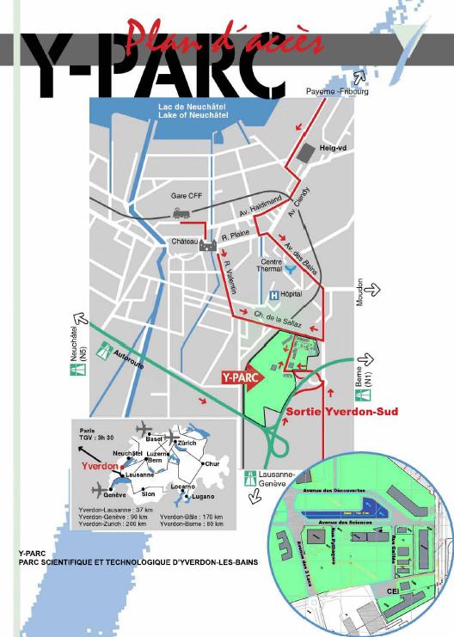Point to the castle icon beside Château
(x=207, y=246)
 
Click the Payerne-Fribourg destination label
(x=337, y=90)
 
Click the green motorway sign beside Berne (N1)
(x=366, y=396)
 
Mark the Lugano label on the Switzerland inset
(x=204, y=496)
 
